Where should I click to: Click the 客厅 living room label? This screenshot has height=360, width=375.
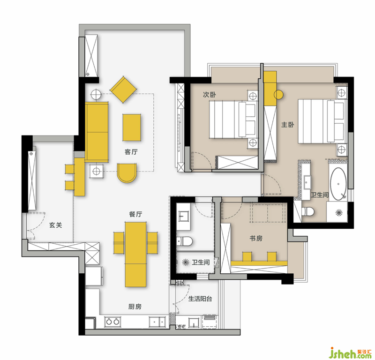[x=131, y=152]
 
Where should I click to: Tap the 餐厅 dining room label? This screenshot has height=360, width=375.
[x=135, y=214]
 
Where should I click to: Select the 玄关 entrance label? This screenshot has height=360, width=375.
[x=56, y=225]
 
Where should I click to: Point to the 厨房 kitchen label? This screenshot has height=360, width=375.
[x=135, y=307]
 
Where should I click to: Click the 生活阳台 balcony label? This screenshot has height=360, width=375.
[x=200, y=299]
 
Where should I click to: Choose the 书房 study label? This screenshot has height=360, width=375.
[x=256, y=238]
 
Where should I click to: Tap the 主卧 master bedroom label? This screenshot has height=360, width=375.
[x=287, y=125]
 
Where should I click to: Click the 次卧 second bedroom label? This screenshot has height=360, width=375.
[x=210, y=95]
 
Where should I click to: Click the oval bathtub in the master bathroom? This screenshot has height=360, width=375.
[x=338, y=184]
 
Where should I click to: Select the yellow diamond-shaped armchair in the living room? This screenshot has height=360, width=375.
[x=123, y=90]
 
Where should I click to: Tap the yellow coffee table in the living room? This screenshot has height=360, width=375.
[x=132, y=127]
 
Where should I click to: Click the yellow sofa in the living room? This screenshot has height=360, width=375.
[x=97, y=132]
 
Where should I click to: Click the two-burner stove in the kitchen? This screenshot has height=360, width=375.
[x=112, y=322]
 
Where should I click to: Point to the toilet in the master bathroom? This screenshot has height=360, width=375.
[x=308, y=211]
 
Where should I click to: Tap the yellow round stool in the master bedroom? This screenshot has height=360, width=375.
[x=278, y=95]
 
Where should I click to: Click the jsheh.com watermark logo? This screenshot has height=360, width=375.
[x=350, y=352]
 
